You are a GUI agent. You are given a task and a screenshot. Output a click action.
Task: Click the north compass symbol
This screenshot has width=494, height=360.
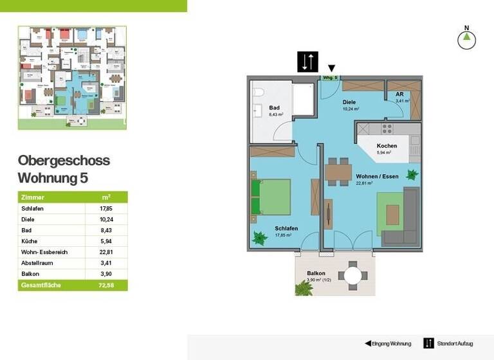[466, 39]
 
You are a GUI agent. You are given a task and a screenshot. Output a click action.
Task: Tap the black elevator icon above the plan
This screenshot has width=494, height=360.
[307, 62]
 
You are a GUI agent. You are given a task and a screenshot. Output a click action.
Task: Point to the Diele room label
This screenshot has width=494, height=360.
[349, 102]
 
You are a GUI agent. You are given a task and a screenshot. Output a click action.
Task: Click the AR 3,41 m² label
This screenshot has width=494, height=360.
[403, 97]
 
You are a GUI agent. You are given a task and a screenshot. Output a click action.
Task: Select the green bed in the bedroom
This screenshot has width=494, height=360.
[270, 197]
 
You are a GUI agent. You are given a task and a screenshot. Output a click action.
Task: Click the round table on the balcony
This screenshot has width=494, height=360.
[353, 275]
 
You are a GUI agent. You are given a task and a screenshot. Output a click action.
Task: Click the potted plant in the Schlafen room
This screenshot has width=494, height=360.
[260, 238]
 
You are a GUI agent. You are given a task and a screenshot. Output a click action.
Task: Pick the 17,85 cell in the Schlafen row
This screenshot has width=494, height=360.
[106, 208]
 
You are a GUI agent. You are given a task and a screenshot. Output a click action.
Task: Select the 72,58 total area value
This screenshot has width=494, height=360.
[106, 285]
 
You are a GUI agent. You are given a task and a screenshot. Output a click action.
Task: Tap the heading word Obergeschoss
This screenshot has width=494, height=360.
[64, 161]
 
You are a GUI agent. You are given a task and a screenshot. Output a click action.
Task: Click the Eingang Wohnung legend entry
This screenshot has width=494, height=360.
[388, 343]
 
